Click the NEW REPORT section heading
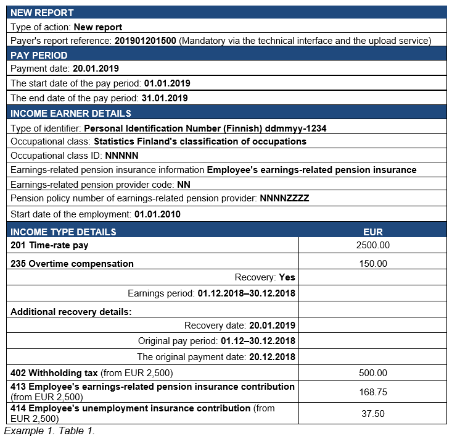pos(42,12)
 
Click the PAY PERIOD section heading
pos(39,55)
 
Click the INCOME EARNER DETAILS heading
pos(71,113)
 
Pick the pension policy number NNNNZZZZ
pos(284,198)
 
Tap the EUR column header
pos(372,232)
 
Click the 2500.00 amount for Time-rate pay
pos(372,245)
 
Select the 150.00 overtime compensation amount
pos(372,264)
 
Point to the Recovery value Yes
pos(287,277)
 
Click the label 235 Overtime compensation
pos(72,264)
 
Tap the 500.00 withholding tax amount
pos(372,372)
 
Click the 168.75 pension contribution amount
pos(372,392)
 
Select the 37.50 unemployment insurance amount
pos(372,413)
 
